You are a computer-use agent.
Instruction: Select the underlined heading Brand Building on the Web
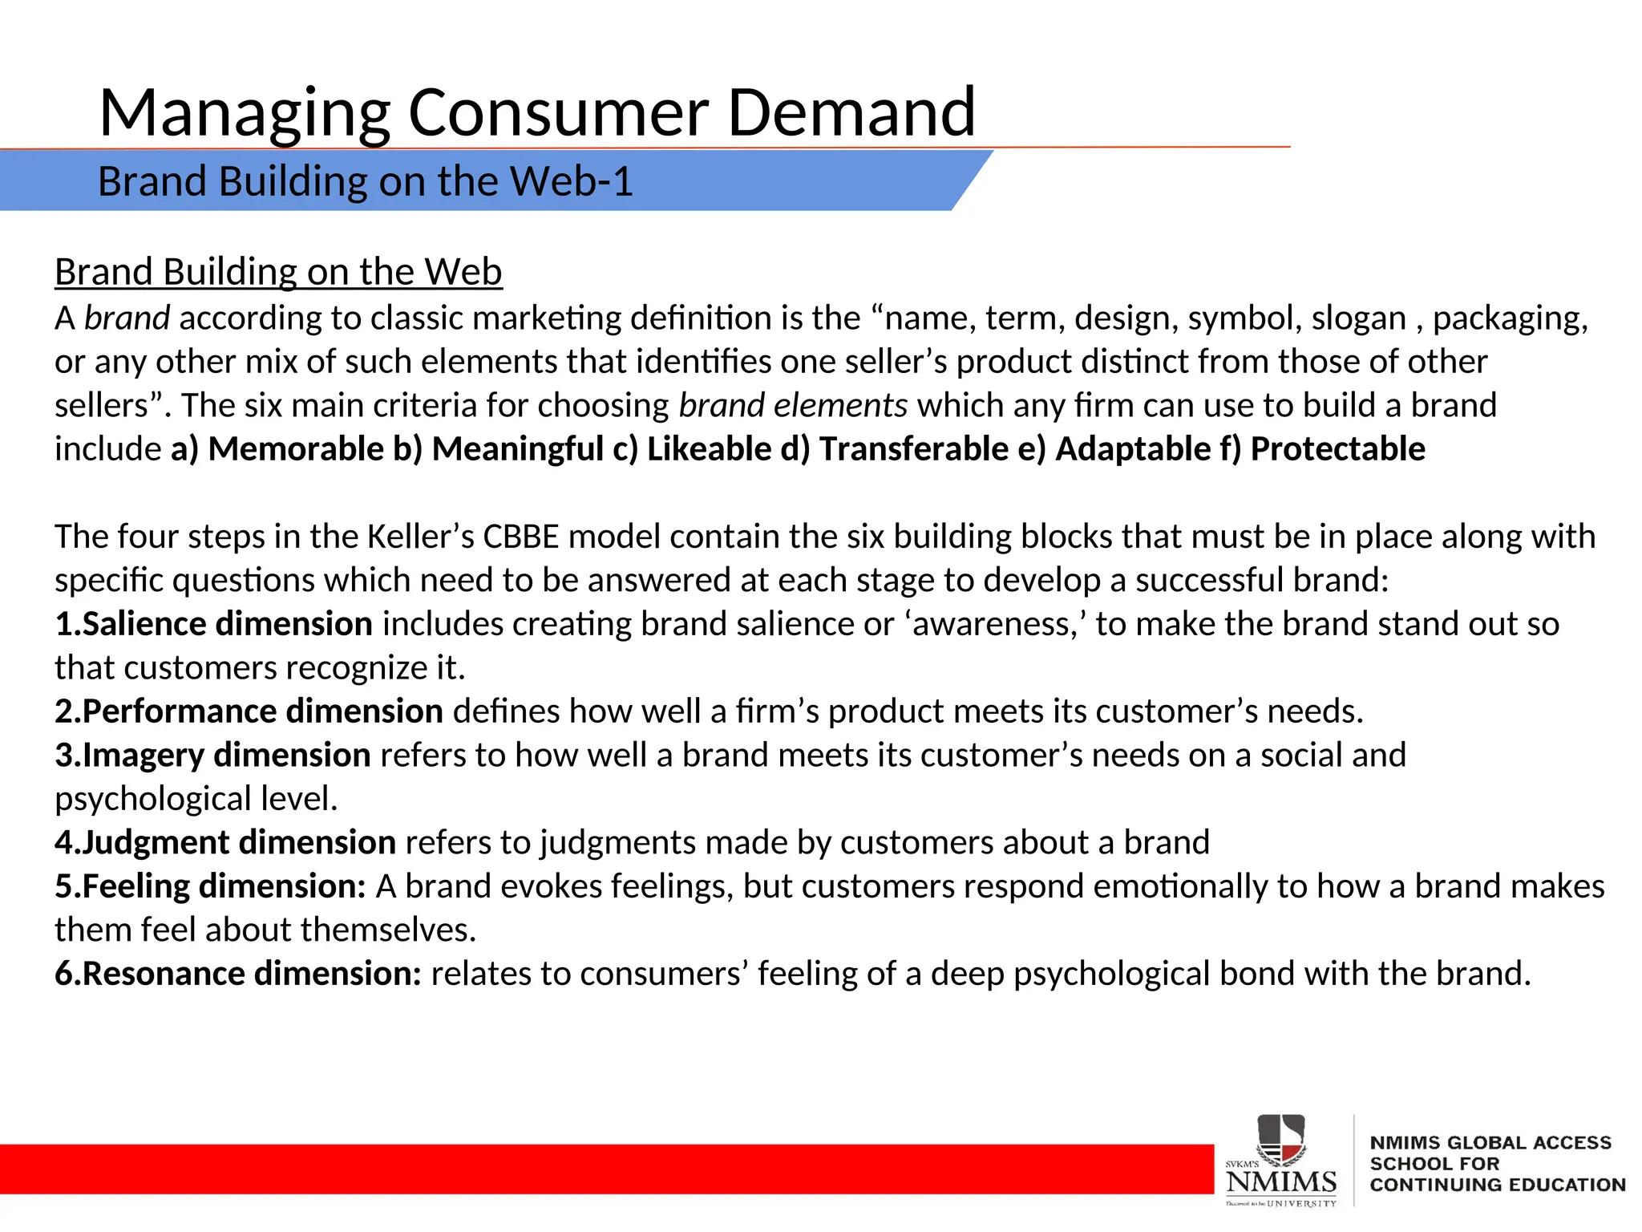pyautogui.click(x=278, y=272)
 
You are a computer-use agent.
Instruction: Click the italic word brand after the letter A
pyautogui.click(x=127, y=318)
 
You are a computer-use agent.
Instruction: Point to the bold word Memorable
pyautogui.click(x=296, y=449)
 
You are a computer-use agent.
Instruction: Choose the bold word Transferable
pyautogui.click(x=913, y=449)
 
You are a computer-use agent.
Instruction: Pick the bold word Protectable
pyautogui.click(x=1337, y=449)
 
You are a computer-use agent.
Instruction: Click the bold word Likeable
pyautogui.click(x=709, y=449)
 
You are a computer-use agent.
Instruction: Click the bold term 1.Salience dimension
pyautogui.click(x=213, y=624)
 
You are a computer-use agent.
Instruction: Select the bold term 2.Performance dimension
pyautogui.click(x=249, y=711)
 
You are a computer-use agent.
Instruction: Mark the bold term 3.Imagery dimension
pyautogui.click(x=212, y=756)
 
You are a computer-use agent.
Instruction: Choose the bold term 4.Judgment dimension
pyautogui.click(x=225, y=843)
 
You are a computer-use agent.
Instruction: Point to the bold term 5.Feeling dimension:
pyautogui.click(x=210, y=887)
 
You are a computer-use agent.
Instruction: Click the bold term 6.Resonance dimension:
pyautogui.click(x=237, y=974)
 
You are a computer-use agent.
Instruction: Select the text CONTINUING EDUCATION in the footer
pyautogui.click(x=1497, y=1185)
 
